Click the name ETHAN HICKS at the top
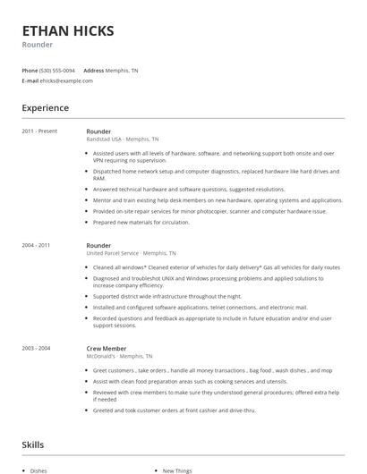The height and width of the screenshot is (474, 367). click(68, 30)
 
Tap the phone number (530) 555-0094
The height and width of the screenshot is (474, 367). click(57, 70)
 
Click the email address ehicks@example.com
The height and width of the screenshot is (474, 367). click(66, 80)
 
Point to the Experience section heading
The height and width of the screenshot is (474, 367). click(45, 108)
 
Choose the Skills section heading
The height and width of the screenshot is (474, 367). click(33, 444)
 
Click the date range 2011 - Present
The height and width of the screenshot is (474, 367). click(39, 131)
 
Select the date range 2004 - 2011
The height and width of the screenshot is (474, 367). click(37, 245)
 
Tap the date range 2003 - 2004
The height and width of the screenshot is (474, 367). click(37, 349)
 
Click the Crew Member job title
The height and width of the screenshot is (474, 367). click(107, 349)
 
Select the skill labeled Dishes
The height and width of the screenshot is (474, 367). click(38, 470)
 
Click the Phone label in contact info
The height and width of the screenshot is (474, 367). click(30, 70)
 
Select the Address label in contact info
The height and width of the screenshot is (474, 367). click(94, 70)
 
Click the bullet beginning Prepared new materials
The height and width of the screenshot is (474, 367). click(141, 222)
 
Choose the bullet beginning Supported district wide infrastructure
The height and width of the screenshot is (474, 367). click(166, 296)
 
